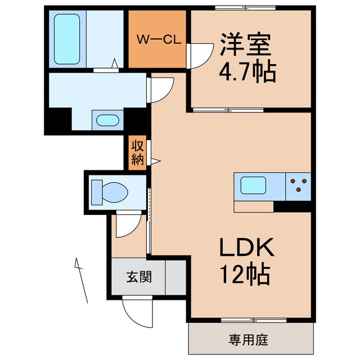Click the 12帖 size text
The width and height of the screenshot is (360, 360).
[x=245, y=275]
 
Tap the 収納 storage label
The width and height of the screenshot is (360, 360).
[x=138, y=152]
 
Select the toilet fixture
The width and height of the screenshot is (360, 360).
[x=109, y=191]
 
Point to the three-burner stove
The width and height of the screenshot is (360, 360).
[x=298, y=185]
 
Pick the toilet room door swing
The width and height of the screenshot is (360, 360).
[x=126, y=225]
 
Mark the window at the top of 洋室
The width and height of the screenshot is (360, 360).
[x=246, y=7]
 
